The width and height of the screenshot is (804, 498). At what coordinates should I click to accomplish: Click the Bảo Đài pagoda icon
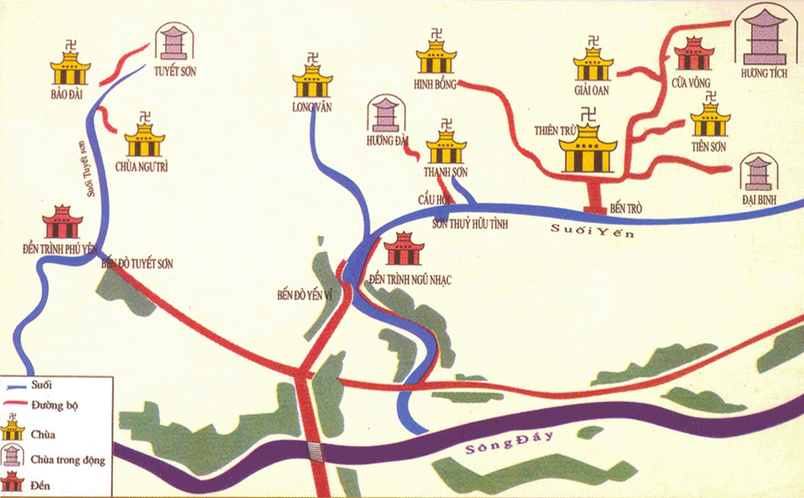[70, 65]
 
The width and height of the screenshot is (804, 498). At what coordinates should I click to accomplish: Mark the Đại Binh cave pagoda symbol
[759, 173]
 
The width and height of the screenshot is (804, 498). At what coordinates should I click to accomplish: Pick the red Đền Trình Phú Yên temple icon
[62, 221]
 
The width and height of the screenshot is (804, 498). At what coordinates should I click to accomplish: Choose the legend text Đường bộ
[56, 404]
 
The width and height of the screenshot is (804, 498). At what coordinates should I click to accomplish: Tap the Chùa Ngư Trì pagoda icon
[145, 139]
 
